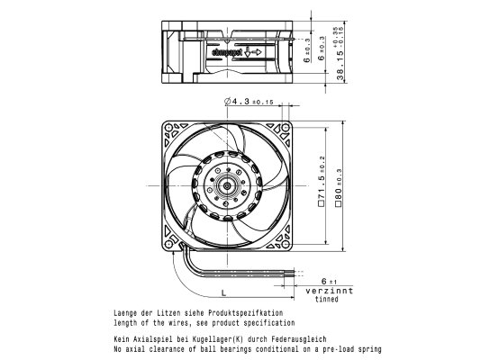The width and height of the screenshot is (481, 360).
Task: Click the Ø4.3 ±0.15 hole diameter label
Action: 249,101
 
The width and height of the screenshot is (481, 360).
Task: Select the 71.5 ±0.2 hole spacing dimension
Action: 322,181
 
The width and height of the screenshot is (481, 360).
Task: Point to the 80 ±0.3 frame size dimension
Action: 338,188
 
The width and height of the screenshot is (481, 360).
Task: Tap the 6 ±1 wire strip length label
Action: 329,282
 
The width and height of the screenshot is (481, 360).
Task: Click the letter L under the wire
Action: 223,293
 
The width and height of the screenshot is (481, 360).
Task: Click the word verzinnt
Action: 329,291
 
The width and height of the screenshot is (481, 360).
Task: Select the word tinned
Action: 327,299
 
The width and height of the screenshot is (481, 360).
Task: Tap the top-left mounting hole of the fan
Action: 168,127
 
